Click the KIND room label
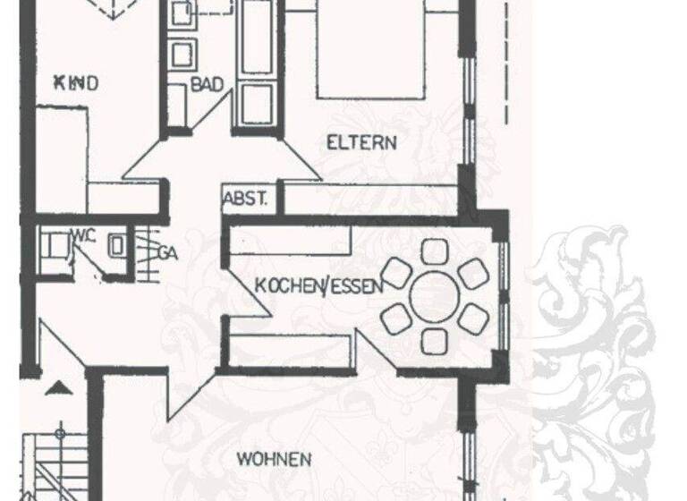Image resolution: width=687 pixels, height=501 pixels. [x=75, y=83]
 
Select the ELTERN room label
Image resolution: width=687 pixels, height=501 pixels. [x=361, y=142]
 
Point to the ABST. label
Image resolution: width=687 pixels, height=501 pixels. [x=245, y=200]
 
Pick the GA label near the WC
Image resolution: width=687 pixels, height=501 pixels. [x=167, y=252]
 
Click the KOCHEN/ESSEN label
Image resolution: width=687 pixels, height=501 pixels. [x=319, y=286]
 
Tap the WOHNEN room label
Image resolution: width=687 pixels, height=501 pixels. [x=274, y=460]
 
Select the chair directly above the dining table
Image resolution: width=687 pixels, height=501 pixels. [x=435, y=250]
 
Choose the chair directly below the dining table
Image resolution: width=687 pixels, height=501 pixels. [x=435, y=340]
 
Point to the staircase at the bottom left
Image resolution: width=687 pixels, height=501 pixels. [x=49, y=465]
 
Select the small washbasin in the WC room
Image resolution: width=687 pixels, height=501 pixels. [x=115, y=245]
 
